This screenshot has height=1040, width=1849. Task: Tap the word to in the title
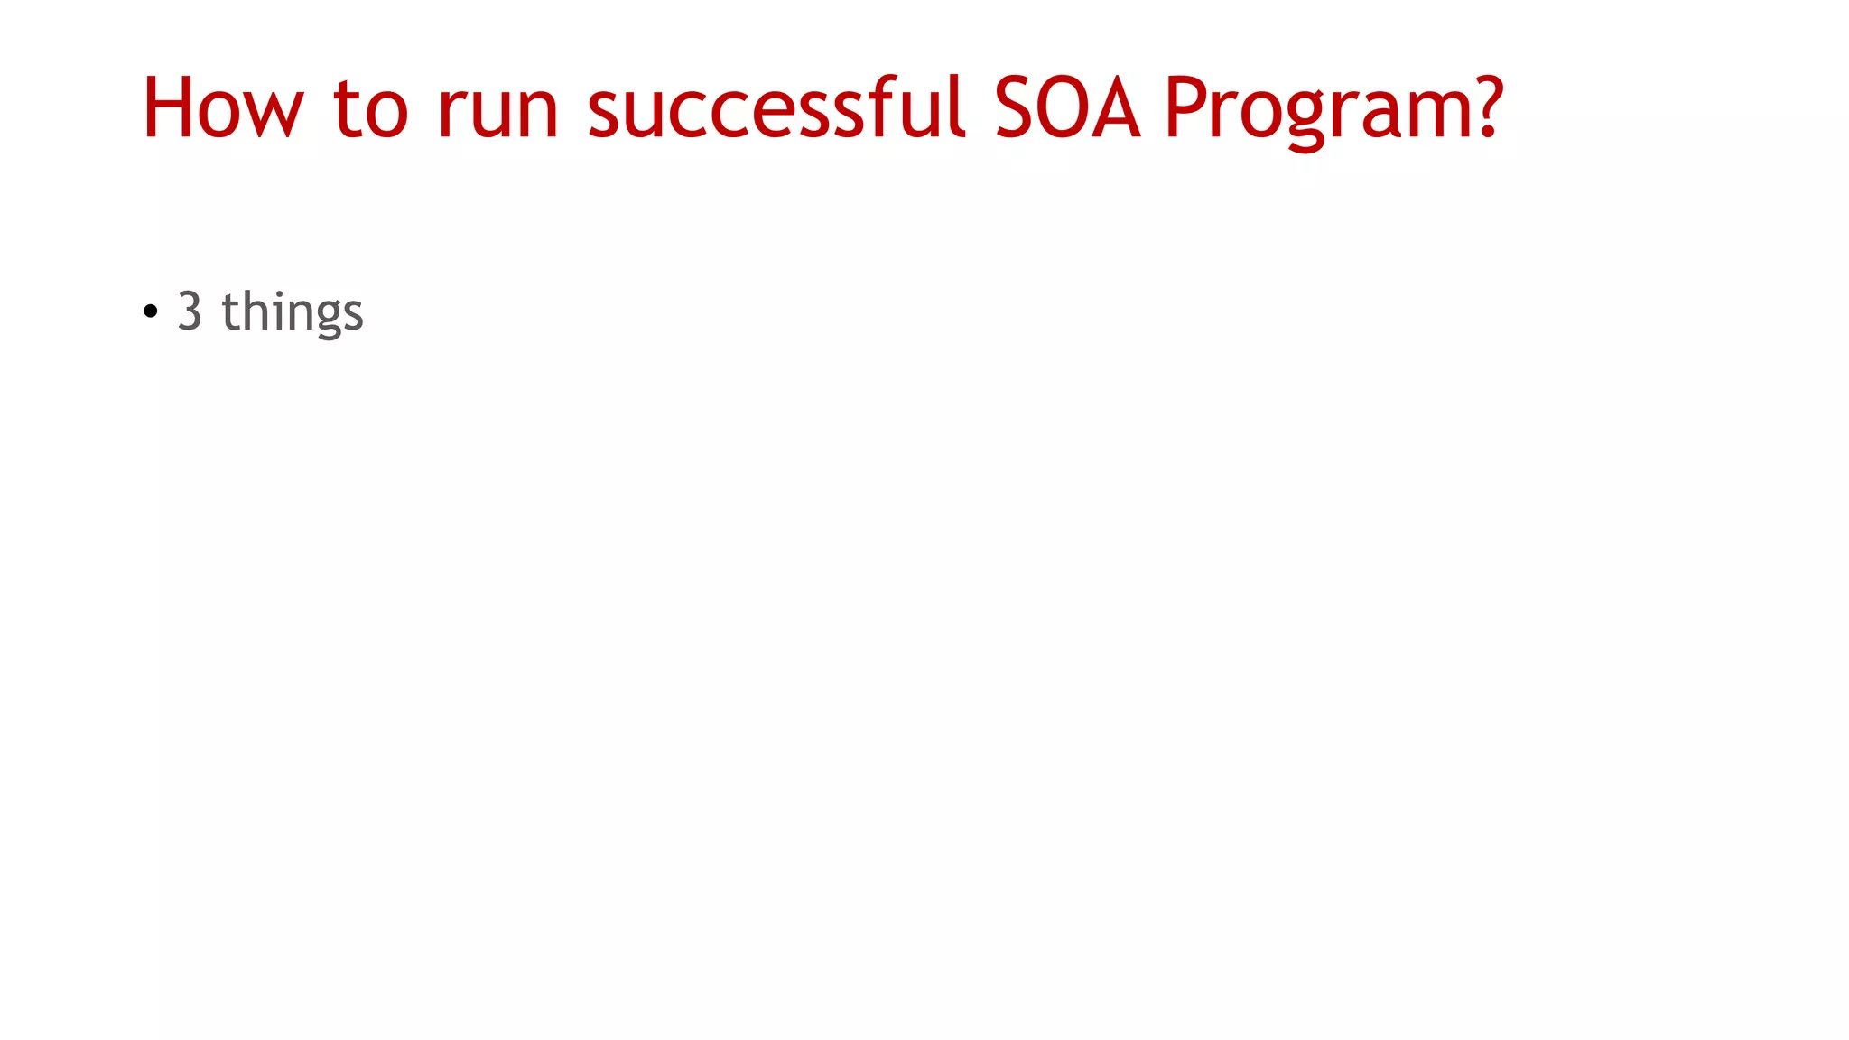[x=370, y=110]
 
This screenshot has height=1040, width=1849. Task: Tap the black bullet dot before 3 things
[x=151, y=312]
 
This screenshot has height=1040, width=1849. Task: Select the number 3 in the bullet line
[x=190, y=311]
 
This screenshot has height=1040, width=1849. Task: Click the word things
[x=292, y=312]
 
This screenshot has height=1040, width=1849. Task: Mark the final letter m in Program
[x=1436, y=116]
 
